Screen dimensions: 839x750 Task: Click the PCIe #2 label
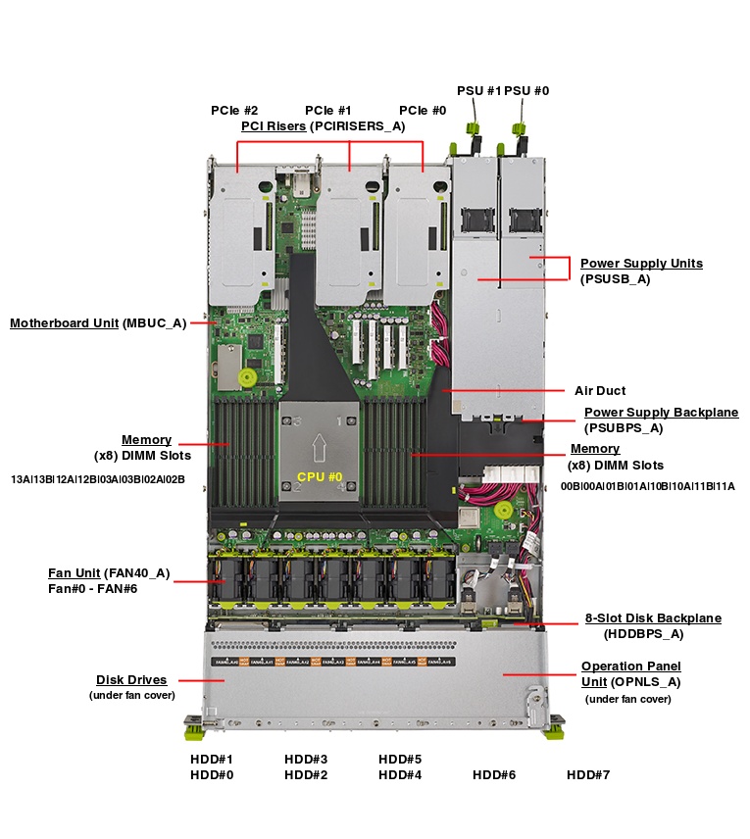234,111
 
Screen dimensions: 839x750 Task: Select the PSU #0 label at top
526,90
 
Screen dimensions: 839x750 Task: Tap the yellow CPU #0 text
320,476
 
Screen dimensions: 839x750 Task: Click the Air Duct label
601,390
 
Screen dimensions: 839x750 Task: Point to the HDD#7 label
588,775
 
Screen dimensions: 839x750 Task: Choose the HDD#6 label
494,775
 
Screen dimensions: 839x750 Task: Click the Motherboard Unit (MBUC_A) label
98,322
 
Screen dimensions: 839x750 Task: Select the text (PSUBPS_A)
624,427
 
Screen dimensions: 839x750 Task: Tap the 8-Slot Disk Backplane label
653,618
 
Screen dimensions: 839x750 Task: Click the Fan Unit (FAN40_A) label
109,572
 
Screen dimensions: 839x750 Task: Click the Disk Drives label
131,679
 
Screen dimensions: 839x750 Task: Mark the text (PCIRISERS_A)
357,126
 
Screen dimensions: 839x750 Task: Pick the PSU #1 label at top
478,90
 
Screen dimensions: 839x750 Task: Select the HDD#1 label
211,760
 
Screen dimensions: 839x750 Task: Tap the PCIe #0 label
423,111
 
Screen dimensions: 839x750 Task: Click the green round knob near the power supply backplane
504,510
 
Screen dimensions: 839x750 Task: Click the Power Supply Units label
641,263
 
